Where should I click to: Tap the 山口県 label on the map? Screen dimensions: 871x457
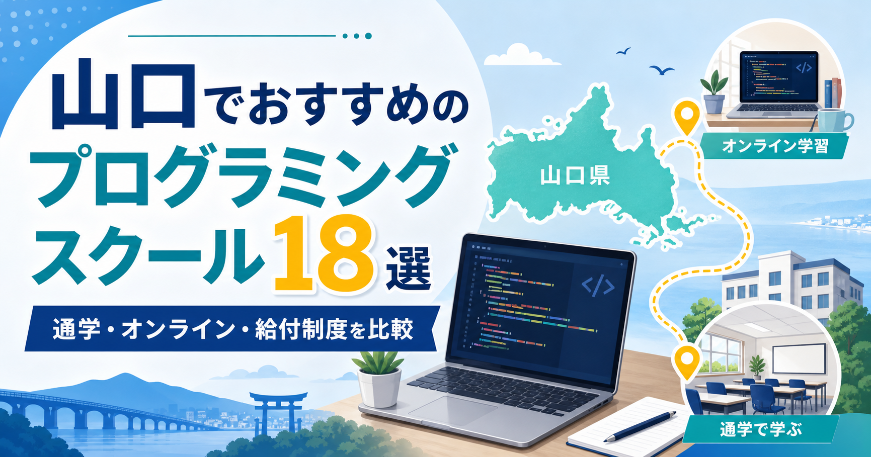(575, 176)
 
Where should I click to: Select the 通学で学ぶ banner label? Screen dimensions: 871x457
(760, 429)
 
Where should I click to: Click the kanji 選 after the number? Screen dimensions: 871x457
(408, 268)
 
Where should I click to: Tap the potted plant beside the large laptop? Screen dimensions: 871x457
(378, 379)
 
